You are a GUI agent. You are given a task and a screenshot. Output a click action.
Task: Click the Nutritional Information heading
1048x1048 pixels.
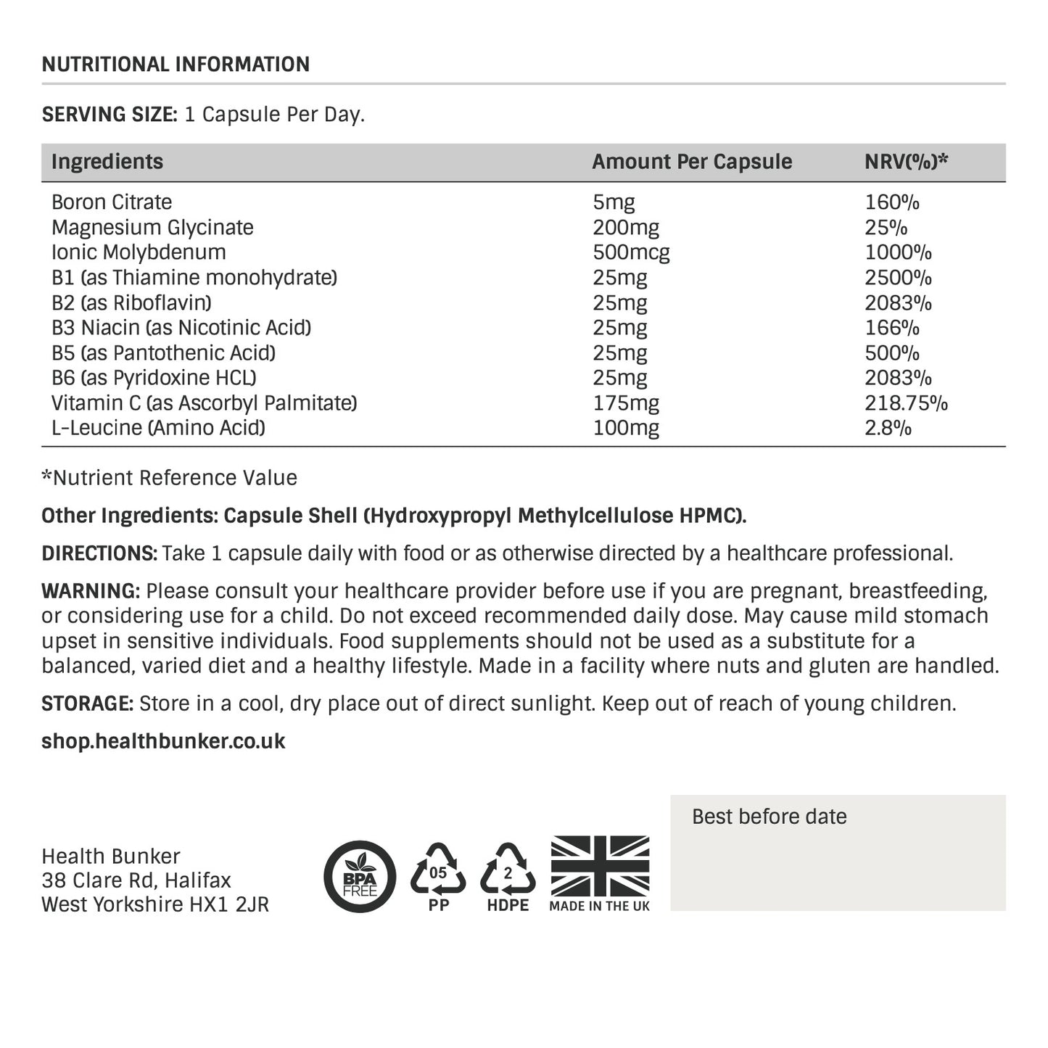pyautogui.click(x=176, y=65)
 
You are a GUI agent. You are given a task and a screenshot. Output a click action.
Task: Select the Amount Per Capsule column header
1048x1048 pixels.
pyautogui.click(x=691, y=162)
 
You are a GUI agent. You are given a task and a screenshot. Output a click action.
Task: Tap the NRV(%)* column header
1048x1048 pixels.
pyautogui.click(x=906, y=162)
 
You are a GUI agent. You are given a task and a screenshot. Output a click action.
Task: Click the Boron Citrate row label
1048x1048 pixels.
pyautogui.click(x=112, y=202)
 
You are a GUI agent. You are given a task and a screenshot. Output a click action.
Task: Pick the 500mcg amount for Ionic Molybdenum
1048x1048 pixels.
pyautogui.click(x=631, y=252)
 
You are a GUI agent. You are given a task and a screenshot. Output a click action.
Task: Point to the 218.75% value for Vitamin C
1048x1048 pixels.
pyautogui.click(x=906, y=403)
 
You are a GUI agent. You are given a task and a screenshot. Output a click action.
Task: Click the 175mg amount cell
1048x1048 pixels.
pyautogui.click(x=625, y=403)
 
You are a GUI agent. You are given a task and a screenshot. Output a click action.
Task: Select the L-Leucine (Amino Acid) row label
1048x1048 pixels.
pyautogui.click(x=158, y=428)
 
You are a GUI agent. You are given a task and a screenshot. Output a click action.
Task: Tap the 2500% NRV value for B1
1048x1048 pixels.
pyautogui.click(x=898, y=278)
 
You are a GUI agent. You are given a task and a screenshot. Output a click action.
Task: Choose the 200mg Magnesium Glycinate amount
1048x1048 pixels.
pyautogui.click(x=625, y=228)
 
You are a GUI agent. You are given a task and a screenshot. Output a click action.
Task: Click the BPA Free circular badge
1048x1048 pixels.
pyautogui.click(x=360, y=876)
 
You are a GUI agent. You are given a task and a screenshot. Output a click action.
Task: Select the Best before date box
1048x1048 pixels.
pyautogui.click(x=838, y=852)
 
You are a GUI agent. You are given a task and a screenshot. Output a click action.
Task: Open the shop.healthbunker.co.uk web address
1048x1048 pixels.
pyautogui.click(x=163, y=741)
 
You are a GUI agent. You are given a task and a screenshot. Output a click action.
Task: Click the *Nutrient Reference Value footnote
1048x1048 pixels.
pyautogui.click(x=170, y=478)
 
